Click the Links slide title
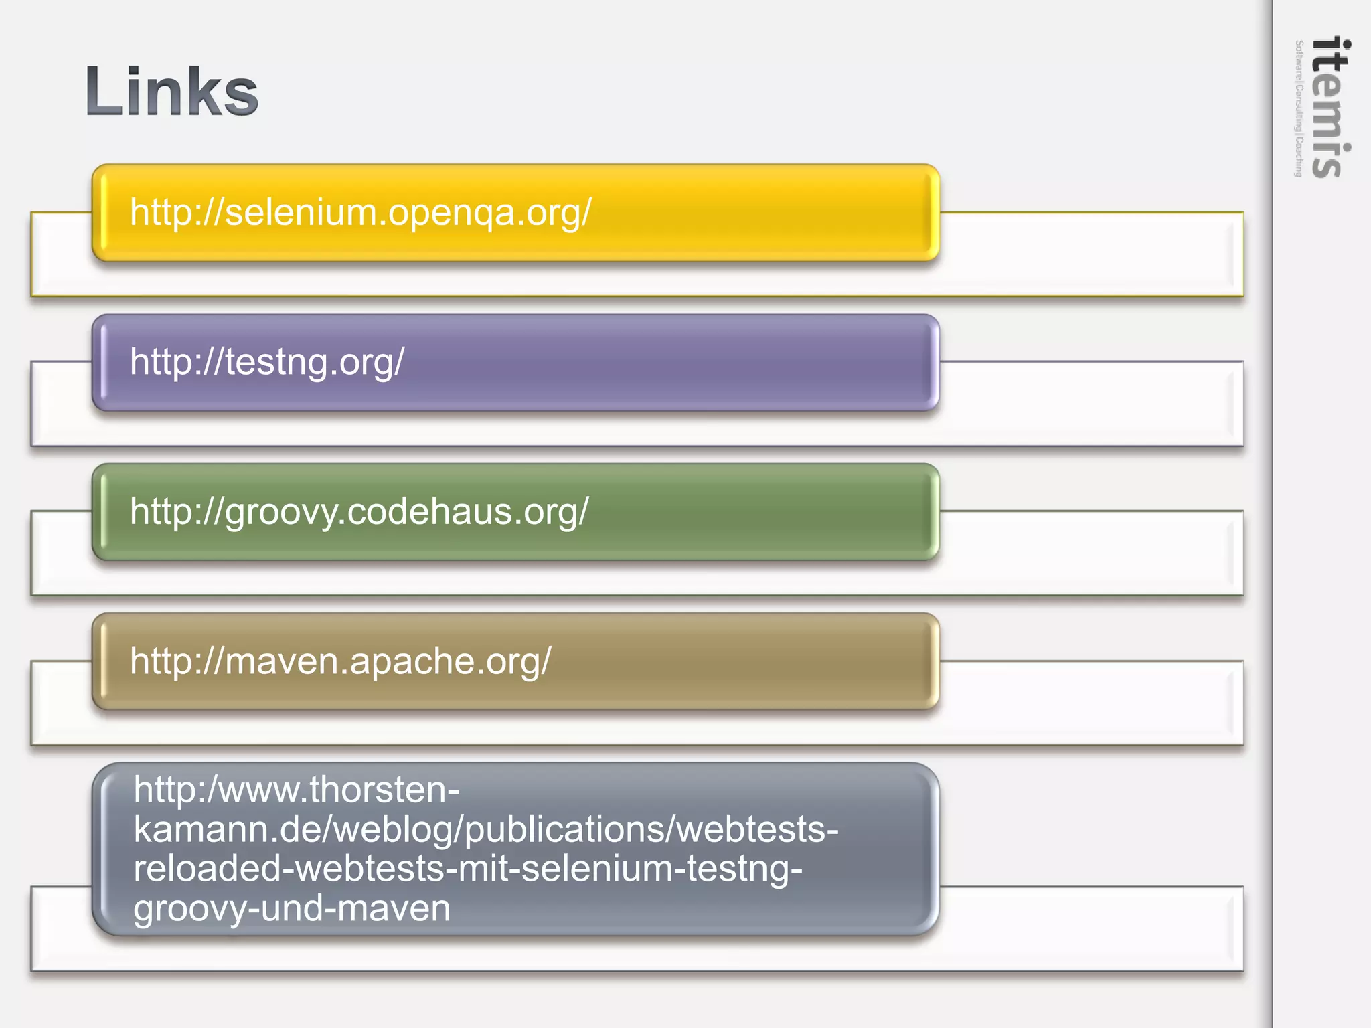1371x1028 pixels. (x=171, y=92)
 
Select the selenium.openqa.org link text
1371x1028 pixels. (x=360, y=212)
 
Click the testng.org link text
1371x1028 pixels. (x=267, y=361)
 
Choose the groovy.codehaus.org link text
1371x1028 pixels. (x=359, y=511)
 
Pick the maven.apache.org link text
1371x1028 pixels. (x=340, y=661)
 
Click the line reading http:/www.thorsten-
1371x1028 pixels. (x=297, y=790)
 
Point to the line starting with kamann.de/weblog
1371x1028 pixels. (x=485, y=829)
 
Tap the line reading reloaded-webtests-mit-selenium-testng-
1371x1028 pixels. (x=467, y=869)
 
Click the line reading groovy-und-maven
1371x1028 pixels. (x=292, y=908)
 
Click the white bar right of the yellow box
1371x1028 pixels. (x=1091, y=254)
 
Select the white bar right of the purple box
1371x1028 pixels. (x=1091, y=404)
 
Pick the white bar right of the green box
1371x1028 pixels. (x=1091, y=553)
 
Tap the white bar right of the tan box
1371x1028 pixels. (x=1091, y=703)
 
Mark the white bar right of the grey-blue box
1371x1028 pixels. (x=1091, y=928)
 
